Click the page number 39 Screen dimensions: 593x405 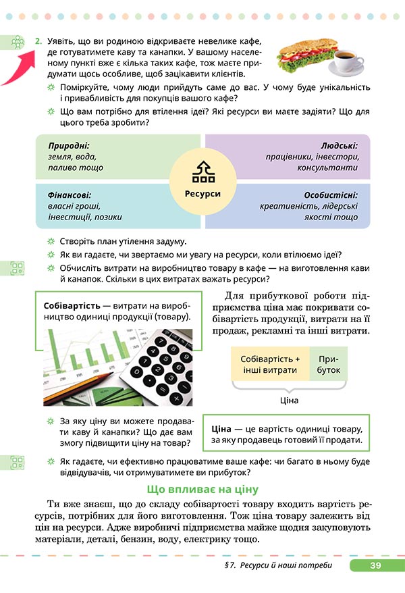point(376,565)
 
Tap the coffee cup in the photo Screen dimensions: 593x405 point(350,63)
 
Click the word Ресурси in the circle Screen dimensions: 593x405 point(202,193)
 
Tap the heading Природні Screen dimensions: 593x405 point(69,145)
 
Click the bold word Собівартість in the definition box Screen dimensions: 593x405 point(72,305)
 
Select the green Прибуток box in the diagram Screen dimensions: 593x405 point(329,365)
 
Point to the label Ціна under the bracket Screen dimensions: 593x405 point(288,400)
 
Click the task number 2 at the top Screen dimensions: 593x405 point(38,41)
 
